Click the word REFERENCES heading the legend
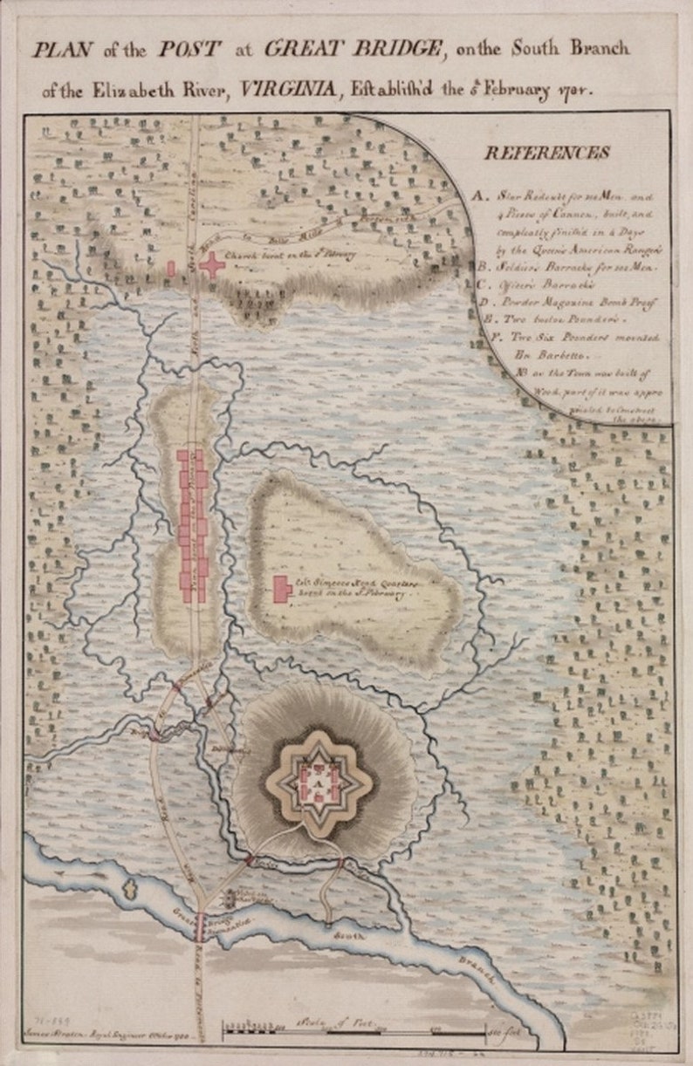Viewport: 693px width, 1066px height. [547, 153]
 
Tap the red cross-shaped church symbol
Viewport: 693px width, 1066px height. [212, 265]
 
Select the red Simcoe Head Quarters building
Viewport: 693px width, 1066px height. [282, 589]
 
